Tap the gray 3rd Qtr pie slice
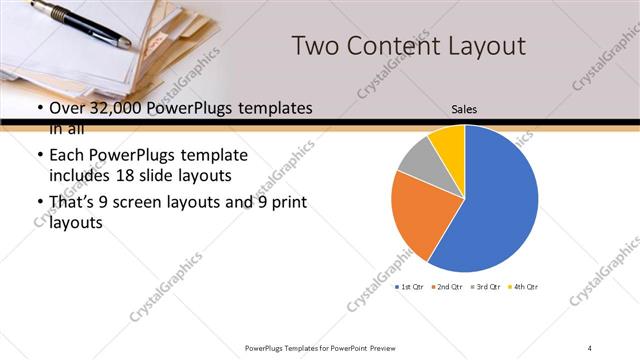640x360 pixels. [x=417, y=156]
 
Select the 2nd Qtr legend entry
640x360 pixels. [x=448, y=288]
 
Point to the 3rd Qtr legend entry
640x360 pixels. [x=485, y=288]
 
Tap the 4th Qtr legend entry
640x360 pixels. [x=523, y=288]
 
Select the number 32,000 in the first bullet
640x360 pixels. [x=112, y=108]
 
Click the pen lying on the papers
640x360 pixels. [x=80, y=23]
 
